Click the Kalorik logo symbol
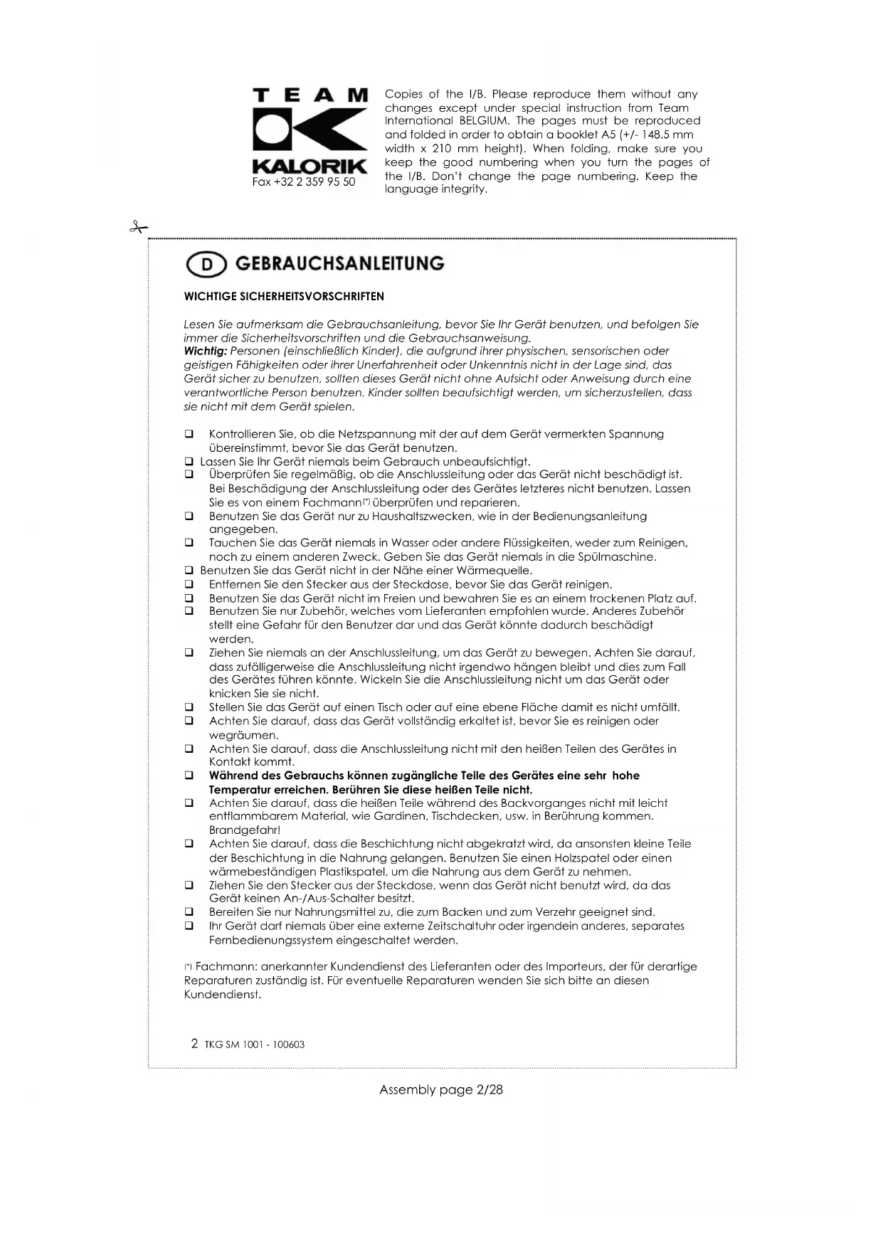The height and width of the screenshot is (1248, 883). tap(310, 132)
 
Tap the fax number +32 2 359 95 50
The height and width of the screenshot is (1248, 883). tap(304, 182)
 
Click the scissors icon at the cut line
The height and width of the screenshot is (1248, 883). tap(137, 228)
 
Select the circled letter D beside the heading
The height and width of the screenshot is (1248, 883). tap(206, 265)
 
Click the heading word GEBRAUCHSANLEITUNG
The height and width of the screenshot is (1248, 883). tap(339, 264)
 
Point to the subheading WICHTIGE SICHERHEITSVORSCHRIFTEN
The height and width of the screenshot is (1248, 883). tap(284, 297)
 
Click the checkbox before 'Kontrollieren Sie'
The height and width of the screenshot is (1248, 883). tap(189, 434)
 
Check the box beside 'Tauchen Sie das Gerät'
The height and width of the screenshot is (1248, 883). tap(189, 544)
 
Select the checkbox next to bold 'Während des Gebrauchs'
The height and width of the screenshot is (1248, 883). tap(189, 776)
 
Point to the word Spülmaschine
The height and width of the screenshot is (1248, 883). tap(620, 557)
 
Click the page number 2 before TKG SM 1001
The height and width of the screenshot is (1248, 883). tap(194, 1044)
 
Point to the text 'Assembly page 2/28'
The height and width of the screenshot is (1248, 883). tap(441, 1090)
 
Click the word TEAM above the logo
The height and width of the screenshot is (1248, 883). tap(310, 95)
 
